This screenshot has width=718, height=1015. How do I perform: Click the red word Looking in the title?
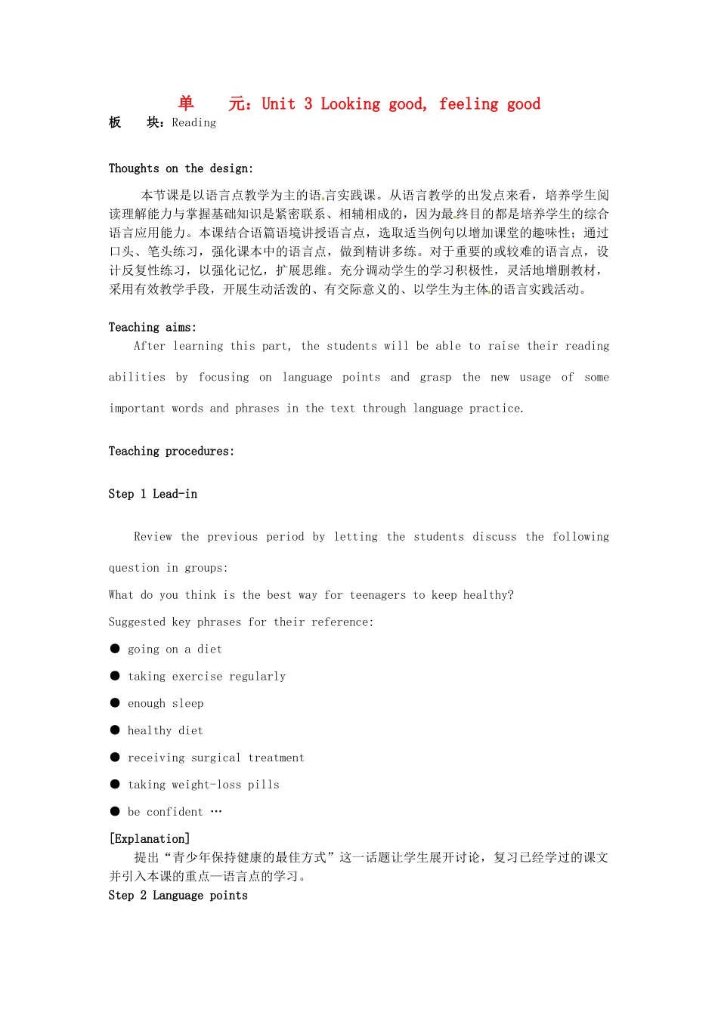click(x=350, y=104)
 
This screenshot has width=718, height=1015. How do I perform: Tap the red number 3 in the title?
click(x=308, y=104)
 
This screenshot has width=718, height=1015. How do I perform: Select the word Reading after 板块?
click(x=193, y=123)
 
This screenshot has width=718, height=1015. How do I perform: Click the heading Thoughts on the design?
click(x=181, y=168)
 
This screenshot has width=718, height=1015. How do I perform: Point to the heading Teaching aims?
click(x=152, y=327)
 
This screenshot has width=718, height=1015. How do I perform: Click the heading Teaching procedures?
click(x=171, y=451)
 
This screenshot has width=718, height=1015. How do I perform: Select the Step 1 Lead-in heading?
click(x=153, y=494)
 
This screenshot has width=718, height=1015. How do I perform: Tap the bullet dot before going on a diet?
click(x=115, y=649)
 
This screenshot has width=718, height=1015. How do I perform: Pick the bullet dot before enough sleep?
click(x=115, y=703)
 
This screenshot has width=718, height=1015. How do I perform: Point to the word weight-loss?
click(x=206, y=785)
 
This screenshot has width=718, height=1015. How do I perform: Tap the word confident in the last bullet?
click(x=175, y=812)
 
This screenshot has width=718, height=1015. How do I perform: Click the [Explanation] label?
click(x=150, y=838)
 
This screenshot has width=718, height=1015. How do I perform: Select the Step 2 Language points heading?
click(x=178, y=896)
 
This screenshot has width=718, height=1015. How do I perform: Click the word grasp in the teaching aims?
click(x=435, y=378)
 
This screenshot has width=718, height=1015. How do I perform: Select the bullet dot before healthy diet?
click(x=115, y=730)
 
